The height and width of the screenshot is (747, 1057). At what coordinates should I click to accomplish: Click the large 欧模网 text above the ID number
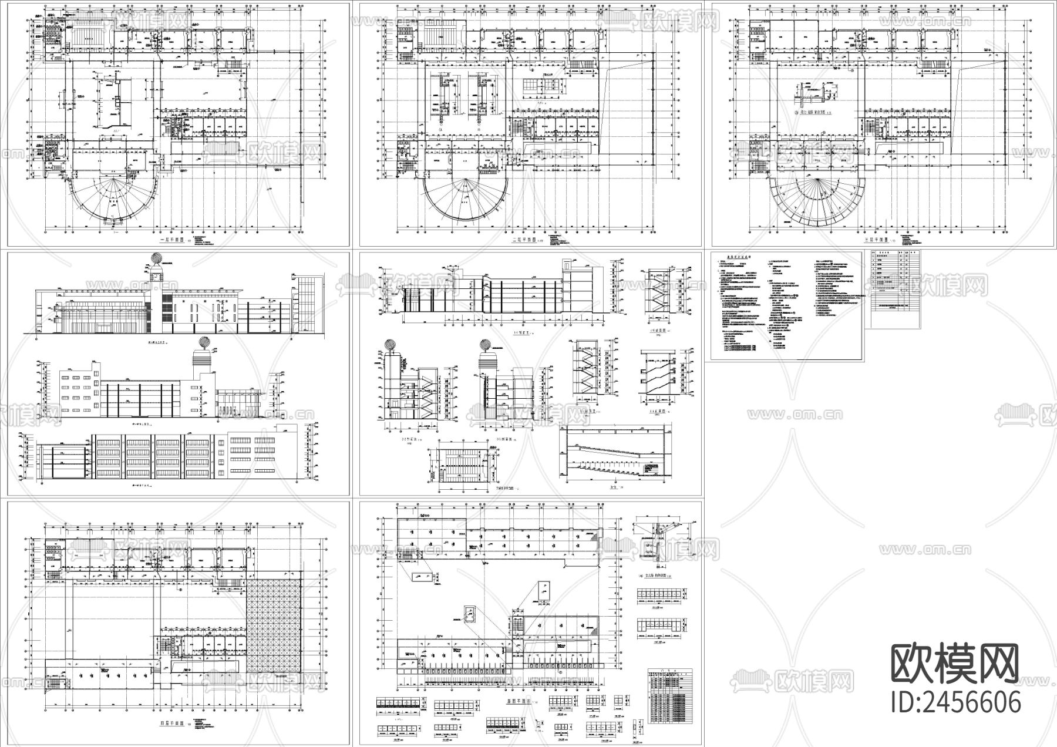(x=955, y=664)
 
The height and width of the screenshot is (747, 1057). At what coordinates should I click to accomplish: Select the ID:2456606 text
(x=955, y=702)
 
